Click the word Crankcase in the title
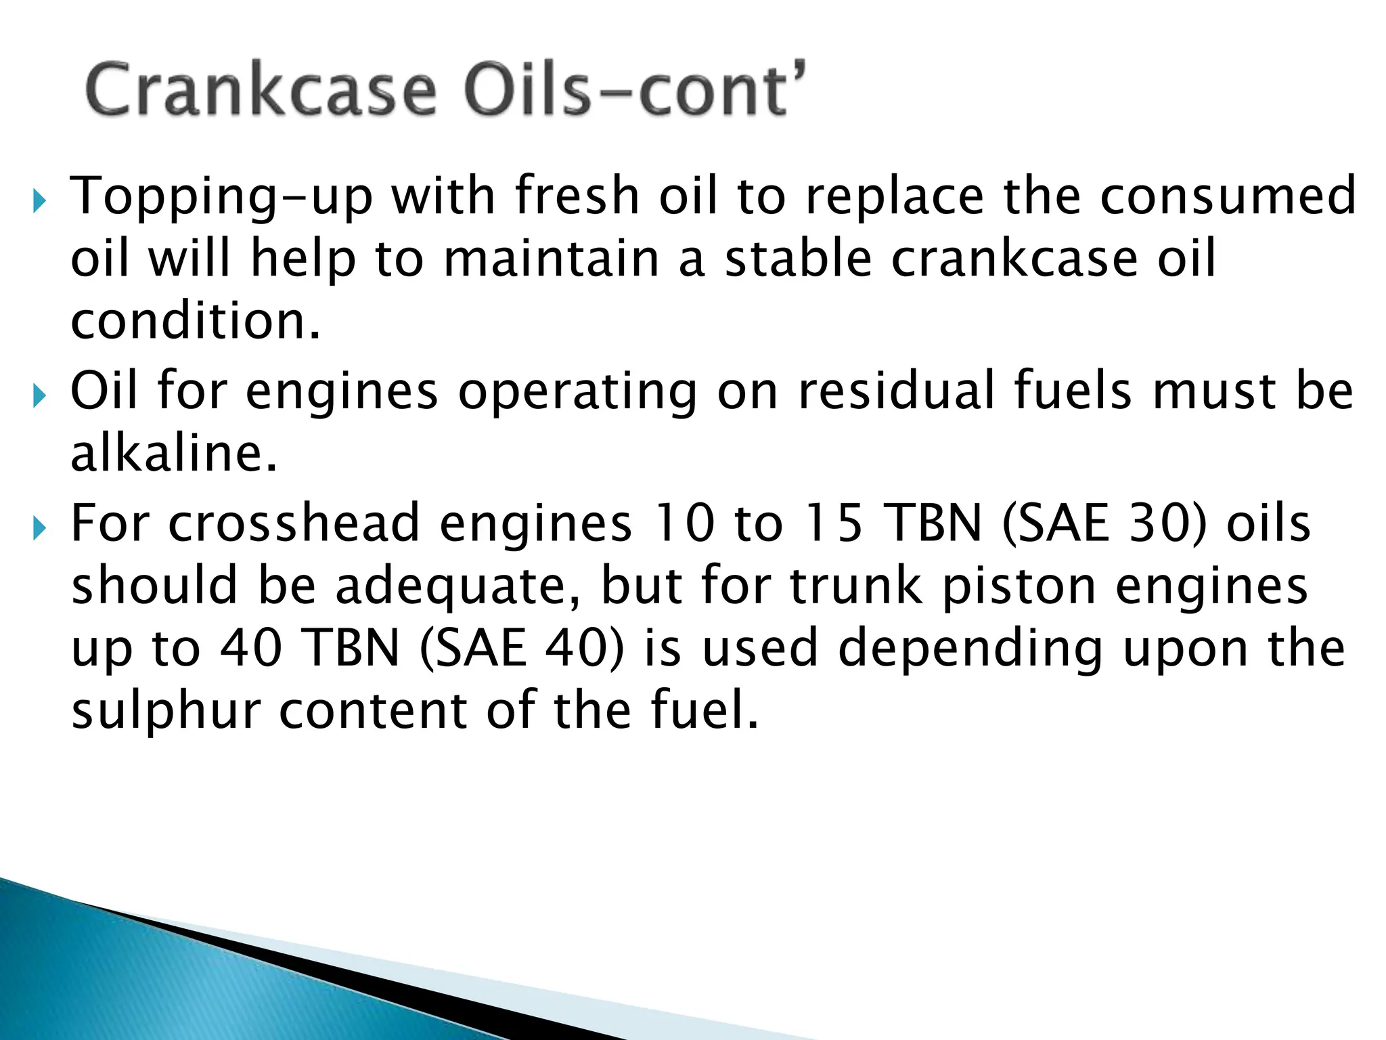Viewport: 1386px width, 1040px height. (261, 90)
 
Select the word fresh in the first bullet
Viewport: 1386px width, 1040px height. (577, 196)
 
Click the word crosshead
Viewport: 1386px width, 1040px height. (294, 523)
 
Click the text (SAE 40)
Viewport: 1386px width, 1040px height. (521, 648)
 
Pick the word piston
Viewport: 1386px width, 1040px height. (1019, 587)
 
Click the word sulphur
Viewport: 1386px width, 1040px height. (166, 710)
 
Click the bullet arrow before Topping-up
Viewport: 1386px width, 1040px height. (39, 200)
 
